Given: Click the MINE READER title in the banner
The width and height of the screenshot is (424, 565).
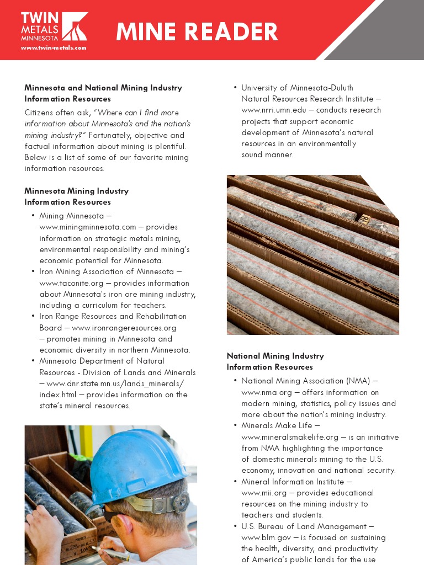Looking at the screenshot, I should click(197, 32).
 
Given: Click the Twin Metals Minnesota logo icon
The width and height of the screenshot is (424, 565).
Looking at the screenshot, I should click(74, 26).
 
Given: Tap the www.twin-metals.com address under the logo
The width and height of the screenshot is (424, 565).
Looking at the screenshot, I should click(54, 47).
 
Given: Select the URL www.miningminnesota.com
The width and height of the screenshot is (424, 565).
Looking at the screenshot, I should click(87, 227).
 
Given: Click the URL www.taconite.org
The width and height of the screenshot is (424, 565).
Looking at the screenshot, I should click(71, 283).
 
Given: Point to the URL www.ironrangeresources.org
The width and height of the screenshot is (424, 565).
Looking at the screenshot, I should click(124, 328).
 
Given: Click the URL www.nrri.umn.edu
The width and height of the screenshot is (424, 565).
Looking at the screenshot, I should click(274, 110).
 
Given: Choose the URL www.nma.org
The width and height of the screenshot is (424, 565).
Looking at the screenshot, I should click(263, 392).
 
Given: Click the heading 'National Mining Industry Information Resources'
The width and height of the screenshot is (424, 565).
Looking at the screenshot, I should click(275, 361).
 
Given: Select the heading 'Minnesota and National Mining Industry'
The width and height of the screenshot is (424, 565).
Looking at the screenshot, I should click(103, 88).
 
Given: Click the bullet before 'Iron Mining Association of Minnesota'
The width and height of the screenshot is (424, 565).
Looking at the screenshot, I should click(33, 272).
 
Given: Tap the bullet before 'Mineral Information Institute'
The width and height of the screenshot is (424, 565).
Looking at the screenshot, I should click(235, 482).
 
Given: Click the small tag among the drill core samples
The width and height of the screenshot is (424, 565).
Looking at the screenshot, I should click(364, 219).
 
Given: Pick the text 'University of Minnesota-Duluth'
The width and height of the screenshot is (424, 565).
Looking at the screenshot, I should click(297, 88).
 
